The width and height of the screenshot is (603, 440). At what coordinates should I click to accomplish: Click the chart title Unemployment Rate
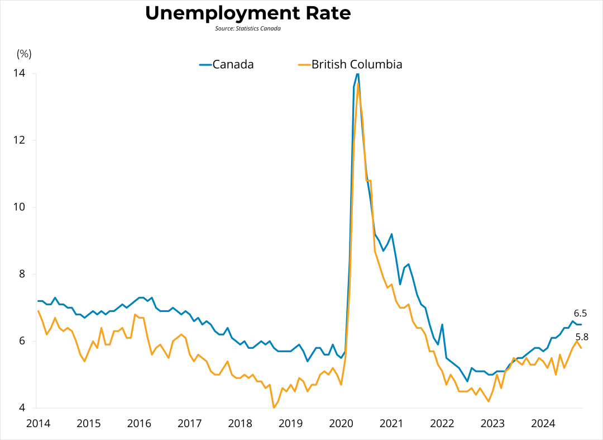click(248, 13)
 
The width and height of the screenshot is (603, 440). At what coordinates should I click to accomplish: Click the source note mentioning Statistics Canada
click(248, 28)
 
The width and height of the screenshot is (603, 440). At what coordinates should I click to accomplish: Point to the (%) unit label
click(24, 54)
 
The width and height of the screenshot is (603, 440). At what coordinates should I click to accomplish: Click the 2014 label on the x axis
click(38, 423)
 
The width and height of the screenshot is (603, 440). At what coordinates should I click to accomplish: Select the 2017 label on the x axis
click(189, 423)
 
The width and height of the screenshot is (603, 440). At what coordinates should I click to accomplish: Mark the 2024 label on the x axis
click(543, 423)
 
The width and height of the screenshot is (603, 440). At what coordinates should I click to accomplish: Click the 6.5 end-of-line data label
click(580, 314)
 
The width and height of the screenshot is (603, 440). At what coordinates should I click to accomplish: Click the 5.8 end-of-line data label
click(582, 337)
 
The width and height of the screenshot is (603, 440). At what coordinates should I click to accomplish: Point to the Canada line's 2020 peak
click(357, 74)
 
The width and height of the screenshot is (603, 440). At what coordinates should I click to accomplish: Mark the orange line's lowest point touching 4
click(274, 408)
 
